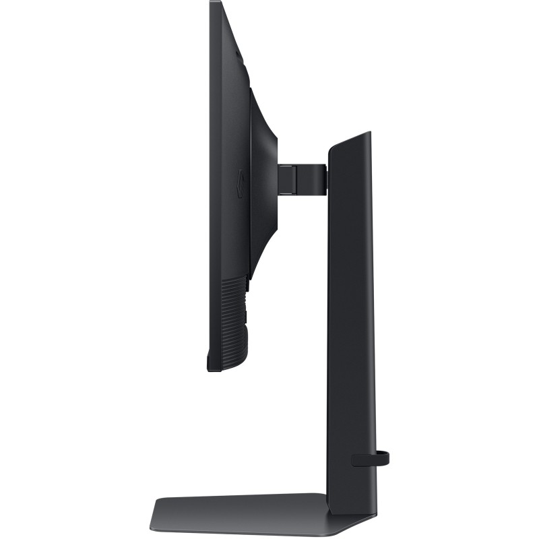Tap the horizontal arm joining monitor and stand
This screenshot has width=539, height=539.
pyautogui.click(x=303, y=176)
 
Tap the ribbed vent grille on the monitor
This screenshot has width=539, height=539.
pyautogui.click(x=234, y=317)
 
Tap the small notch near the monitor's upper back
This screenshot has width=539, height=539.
pyautogui.click(x=239, y=53)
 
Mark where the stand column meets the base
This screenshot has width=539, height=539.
pyautogui.click(x=348, y=496)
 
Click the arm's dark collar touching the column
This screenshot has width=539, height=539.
pyautogui.click(x=321, y=176)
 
